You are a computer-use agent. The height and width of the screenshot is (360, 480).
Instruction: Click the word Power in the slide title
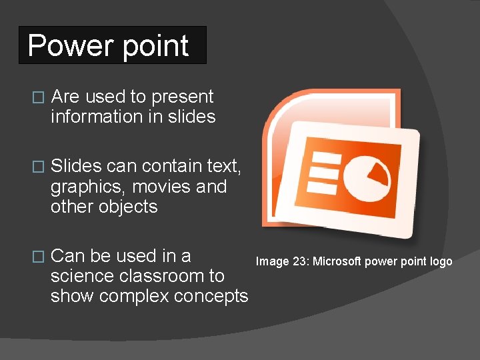[x=63, y=45]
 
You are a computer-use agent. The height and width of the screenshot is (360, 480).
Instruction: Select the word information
[x=91, y=117]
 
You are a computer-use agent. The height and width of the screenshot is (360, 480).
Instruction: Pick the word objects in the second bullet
[x=128, y=207]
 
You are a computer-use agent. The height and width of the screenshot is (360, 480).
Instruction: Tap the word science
[x=82, y=276]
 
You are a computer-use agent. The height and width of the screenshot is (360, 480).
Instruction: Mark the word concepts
[x=213, y=296]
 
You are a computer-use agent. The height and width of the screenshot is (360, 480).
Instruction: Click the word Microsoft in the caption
[x=337, y=261]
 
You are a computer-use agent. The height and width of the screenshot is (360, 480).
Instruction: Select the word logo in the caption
[x=441, y=261]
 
